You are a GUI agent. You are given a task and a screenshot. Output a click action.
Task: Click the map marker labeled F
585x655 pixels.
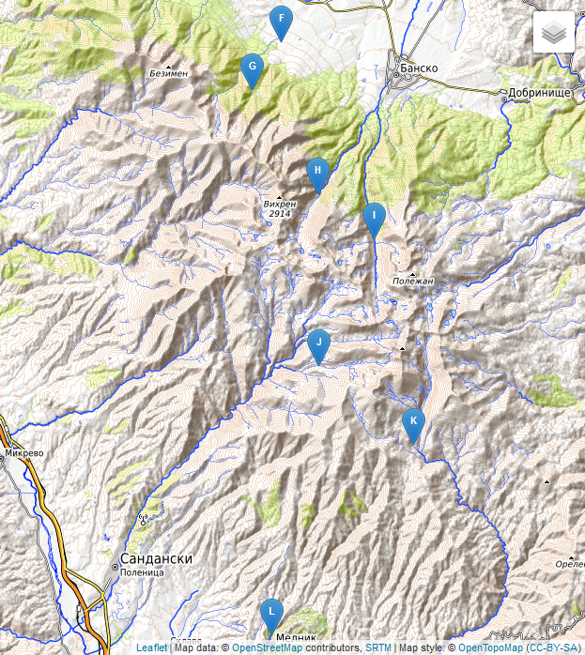click(280, 21)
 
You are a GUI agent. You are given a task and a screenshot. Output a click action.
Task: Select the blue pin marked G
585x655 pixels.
click(251, 69)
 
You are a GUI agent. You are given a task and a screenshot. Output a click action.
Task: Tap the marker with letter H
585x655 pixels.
click(318, 173)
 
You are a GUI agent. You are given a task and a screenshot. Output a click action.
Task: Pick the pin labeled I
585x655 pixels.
click(374, 218)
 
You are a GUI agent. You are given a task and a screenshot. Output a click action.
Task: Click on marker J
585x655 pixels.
click(318, 345)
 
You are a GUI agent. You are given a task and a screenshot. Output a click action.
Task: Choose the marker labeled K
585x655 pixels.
click(412, 423)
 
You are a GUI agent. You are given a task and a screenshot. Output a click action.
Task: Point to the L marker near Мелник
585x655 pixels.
click(271, 614)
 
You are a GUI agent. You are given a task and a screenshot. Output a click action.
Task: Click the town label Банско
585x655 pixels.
click(419, 68)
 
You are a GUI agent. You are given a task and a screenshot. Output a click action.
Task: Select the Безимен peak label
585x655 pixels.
click(169, 73)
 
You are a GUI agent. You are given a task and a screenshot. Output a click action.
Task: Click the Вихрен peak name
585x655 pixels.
click(279, 203)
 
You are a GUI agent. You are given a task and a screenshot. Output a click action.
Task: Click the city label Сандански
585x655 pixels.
click(157, 558)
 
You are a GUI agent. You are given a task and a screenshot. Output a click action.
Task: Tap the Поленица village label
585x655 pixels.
click(143, 571)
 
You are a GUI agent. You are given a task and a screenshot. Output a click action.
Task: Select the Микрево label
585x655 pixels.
click(24, 452)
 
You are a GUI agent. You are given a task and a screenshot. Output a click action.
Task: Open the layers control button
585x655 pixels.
click(554, 33)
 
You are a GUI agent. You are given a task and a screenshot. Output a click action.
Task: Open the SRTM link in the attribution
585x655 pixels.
click(378, 647)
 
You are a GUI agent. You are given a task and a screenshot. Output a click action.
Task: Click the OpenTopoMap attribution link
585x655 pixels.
click(490, 647)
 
